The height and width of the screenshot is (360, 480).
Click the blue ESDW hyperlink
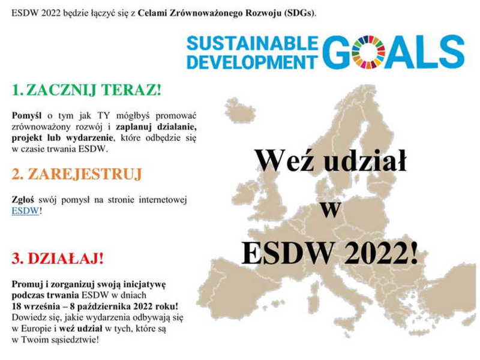tap(25, 211)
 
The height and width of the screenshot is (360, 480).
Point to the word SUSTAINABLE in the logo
tap(253, 43)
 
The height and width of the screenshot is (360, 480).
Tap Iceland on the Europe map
tap(240, 110)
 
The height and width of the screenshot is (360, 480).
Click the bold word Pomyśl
tap(26, 116)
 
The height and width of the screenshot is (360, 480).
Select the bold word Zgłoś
tap(23, 200)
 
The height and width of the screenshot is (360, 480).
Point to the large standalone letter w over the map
tap(331, 210)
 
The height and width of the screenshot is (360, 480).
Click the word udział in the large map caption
tap(365, 160)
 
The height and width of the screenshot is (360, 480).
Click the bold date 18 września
tap(37, 307)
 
